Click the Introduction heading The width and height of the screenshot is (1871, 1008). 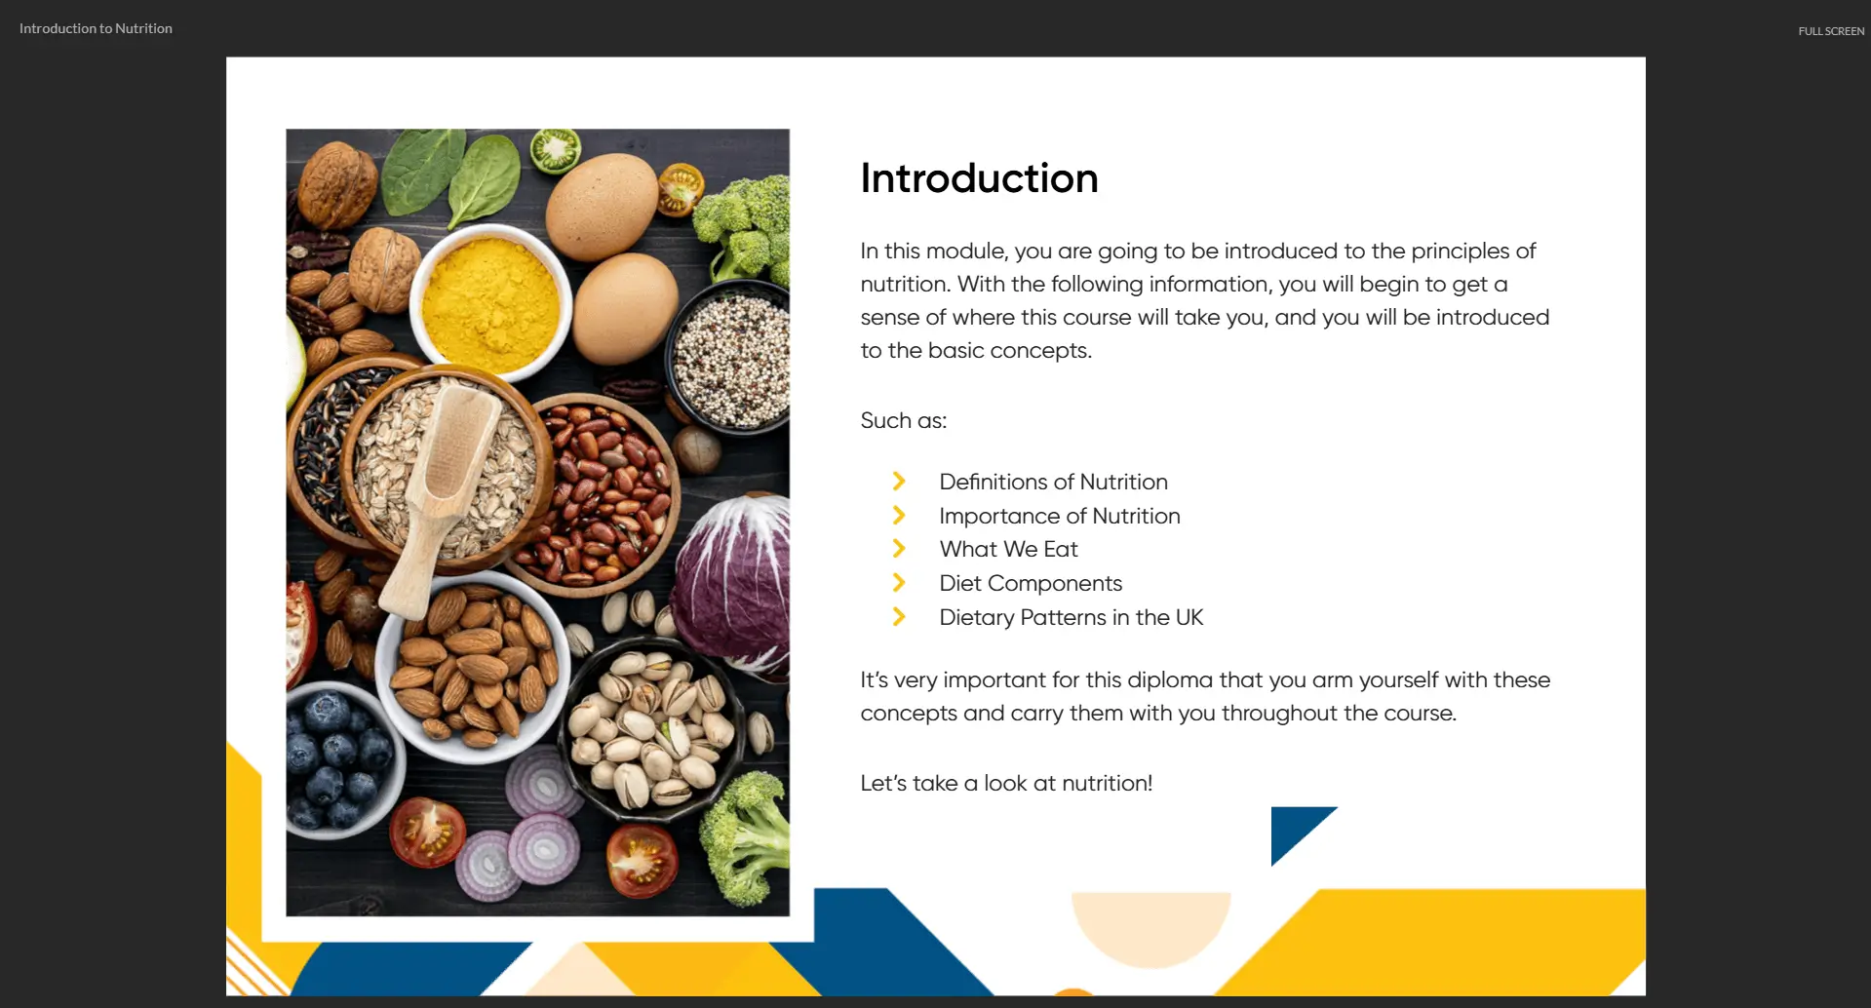[979, 178]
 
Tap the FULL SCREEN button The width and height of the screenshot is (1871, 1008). [1831, 31]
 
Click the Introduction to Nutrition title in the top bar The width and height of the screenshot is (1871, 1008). [96, 28]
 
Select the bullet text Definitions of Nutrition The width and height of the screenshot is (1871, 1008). [1053, 482]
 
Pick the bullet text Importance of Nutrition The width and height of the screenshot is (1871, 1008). [1060, 516]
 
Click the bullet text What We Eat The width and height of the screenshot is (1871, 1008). [1008, 549]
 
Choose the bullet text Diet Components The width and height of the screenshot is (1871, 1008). [1031, 583]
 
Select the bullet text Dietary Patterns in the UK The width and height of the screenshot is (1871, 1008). [1071, 617]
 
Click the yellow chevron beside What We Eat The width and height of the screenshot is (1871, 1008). [899, 549]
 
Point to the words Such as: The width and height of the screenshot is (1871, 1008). [903, 420]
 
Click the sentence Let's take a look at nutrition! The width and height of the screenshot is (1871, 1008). [1006, 783]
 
